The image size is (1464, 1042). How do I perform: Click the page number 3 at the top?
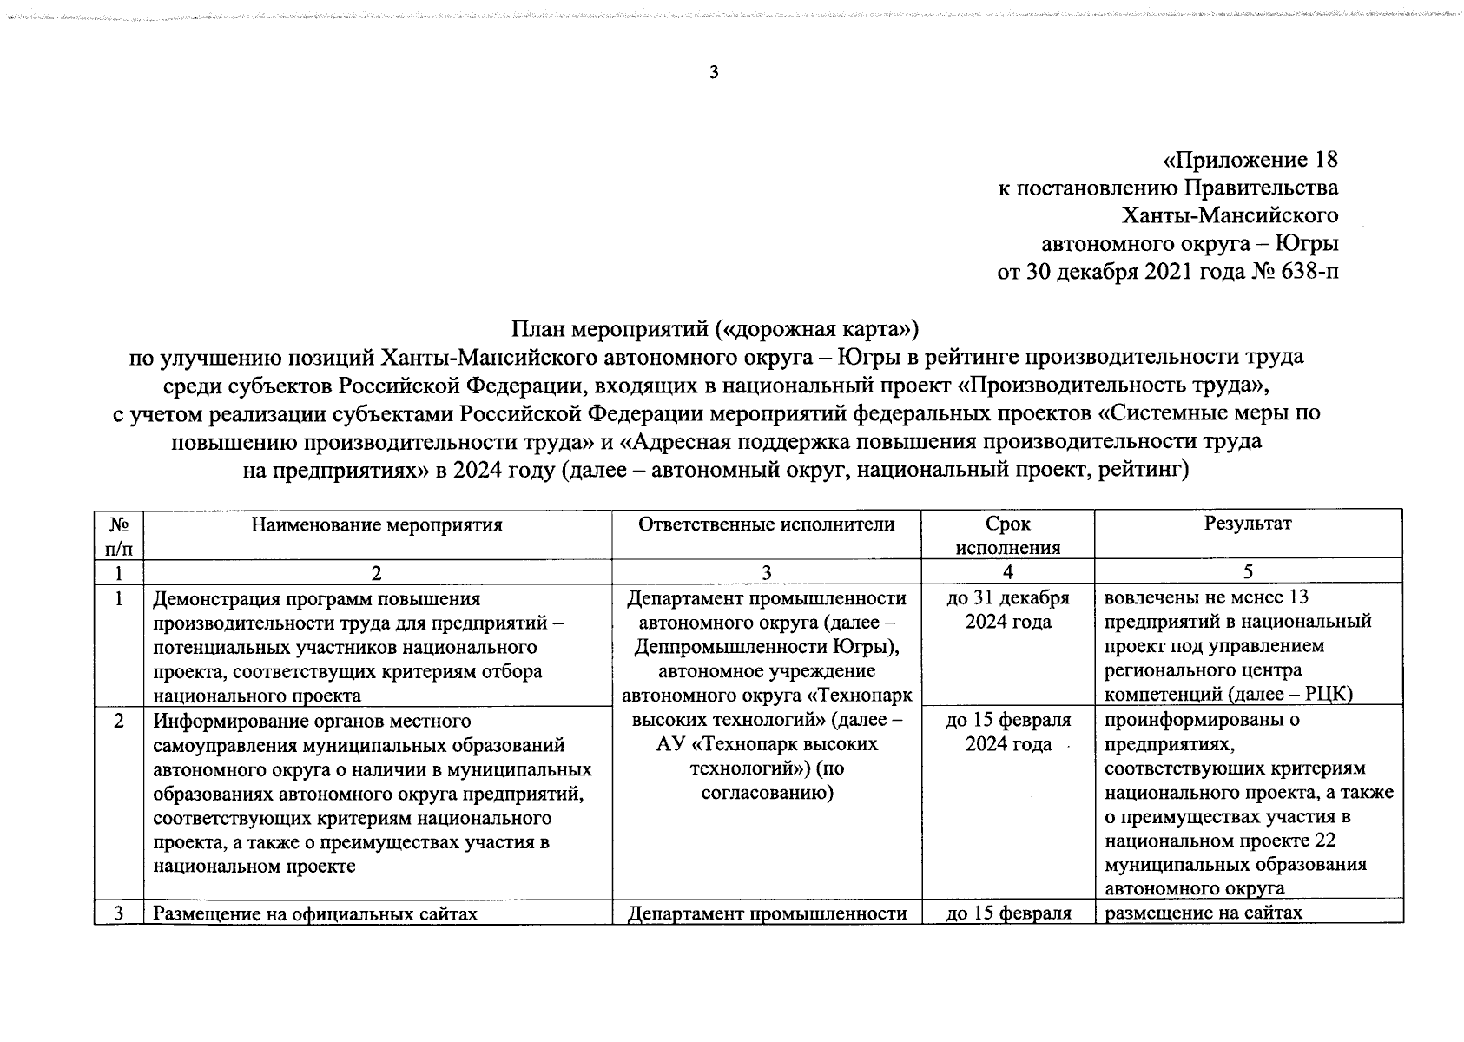[x=714, y=73]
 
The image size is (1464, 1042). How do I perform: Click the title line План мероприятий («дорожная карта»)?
[x=714, y=329]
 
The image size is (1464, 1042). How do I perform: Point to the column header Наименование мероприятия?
[x=377, y=524]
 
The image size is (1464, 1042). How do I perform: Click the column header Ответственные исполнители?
[x=766, y=524]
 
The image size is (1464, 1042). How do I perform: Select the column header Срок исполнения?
[x=1007, y=535]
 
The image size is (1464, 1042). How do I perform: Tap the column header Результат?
[x=1247, y=524]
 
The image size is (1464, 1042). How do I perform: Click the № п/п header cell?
[x=120, y=535]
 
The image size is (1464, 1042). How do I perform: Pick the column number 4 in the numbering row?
[x=1007, y=571]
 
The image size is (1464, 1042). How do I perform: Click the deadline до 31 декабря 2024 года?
[x=1007, y=610]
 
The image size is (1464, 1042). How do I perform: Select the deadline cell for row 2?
[x=1007, y=732]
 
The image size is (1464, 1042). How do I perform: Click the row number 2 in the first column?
[x=119, y=721]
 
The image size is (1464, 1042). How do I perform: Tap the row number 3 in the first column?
[x=119, y=913]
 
